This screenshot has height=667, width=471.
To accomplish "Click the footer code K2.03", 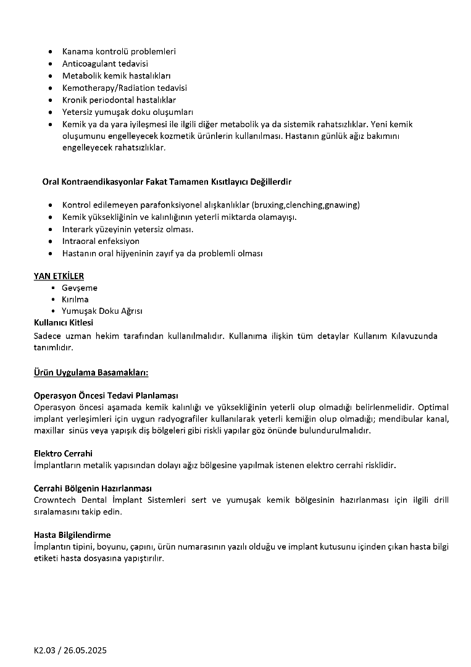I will [46, 651].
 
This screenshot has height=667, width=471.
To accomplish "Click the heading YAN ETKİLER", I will [59, 276].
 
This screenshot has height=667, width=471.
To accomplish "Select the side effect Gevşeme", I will [80, 288].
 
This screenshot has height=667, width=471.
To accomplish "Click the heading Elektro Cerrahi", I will [63, 453].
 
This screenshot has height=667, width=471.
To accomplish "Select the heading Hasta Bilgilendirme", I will [72, 535].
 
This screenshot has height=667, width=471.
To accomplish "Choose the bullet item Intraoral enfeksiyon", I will [101, 241].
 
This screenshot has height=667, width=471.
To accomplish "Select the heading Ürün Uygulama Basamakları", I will [91, 372].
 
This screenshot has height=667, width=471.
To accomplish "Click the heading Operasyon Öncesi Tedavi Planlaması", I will [106, 395].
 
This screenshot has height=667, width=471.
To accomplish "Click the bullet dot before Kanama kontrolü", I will [50, 52].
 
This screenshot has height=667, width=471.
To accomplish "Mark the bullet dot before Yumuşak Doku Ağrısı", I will [55, 311].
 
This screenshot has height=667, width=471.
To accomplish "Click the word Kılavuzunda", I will [413, 336].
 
